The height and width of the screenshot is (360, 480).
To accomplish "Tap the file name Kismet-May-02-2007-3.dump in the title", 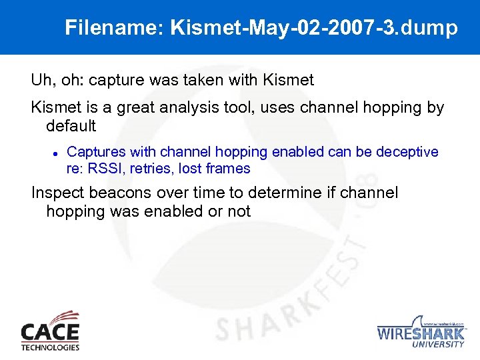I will click(x=314, y=28).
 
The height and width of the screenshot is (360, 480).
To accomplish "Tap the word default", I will click(x=71, y=125).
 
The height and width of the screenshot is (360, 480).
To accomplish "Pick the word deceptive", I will click(x=406, y=152).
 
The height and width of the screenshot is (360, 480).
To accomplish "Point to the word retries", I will click(x=151, y=169).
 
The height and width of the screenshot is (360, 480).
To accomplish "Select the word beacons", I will click(x=121, y=194).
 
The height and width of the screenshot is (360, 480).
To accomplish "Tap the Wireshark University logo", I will click(x=421, y=331).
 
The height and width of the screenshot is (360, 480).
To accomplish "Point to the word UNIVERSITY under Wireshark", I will click(x=438, y=345).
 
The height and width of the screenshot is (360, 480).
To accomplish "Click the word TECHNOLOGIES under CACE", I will click(x=50, y=347).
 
